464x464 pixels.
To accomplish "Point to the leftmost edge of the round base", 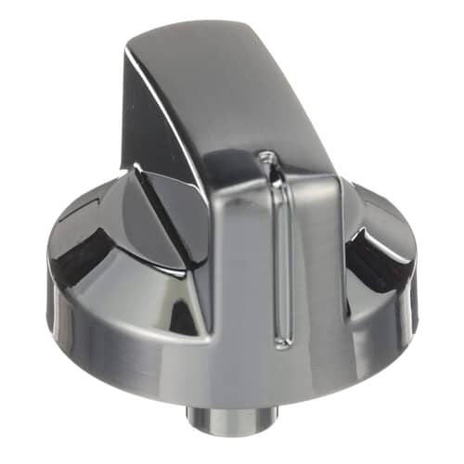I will pyautogui.click(x=47, y=278).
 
